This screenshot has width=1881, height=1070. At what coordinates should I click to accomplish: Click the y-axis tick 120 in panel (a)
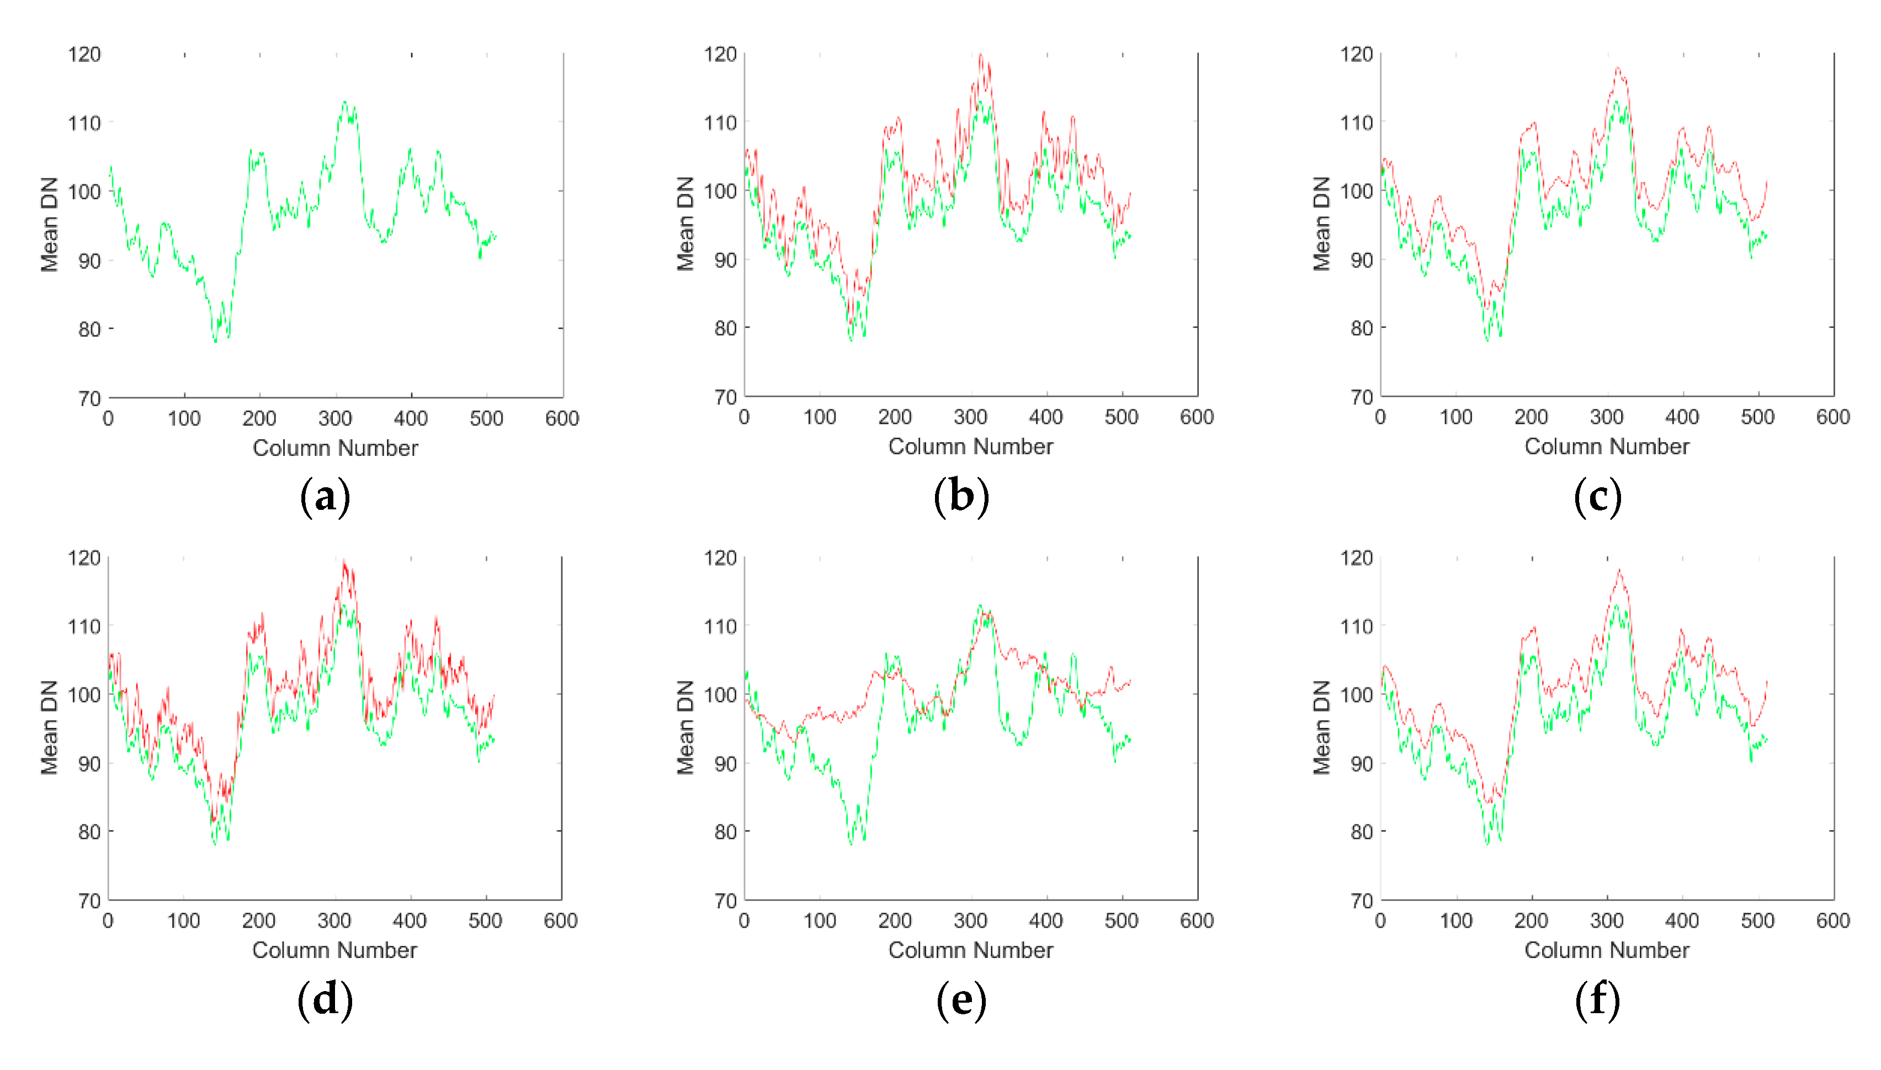click(84, 55)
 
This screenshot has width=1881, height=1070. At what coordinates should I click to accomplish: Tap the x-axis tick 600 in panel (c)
click(1832, 417)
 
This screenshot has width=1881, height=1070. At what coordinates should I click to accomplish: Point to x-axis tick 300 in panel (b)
click(970, 417)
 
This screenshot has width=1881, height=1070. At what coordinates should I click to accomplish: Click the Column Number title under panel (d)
click(334, 950)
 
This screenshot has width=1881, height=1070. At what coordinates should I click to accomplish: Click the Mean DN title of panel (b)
click(685, 223)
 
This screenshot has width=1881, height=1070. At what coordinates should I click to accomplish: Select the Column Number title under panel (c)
click(1606, 447)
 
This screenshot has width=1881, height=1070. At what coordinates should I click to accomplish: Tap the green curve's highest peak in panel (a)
click(344, 102)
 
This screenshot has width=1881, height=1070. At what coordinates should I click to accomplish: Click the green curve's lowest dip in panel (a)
click(215, 342)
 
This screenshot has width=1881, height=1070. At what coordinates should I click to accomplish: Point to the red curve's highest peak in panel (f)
click(1619, 570)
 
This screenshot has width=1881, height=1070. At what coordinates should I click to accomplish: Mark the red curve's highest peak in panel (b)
click(980, 55)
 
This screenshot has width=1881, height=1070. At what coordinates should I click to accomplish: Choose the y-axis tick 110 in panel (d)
click(84, 626)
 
